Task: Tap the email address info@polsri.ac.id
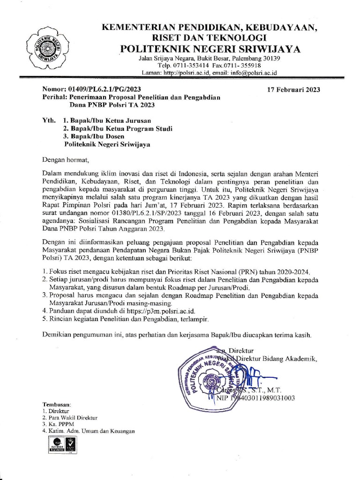tap(255, 73)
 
